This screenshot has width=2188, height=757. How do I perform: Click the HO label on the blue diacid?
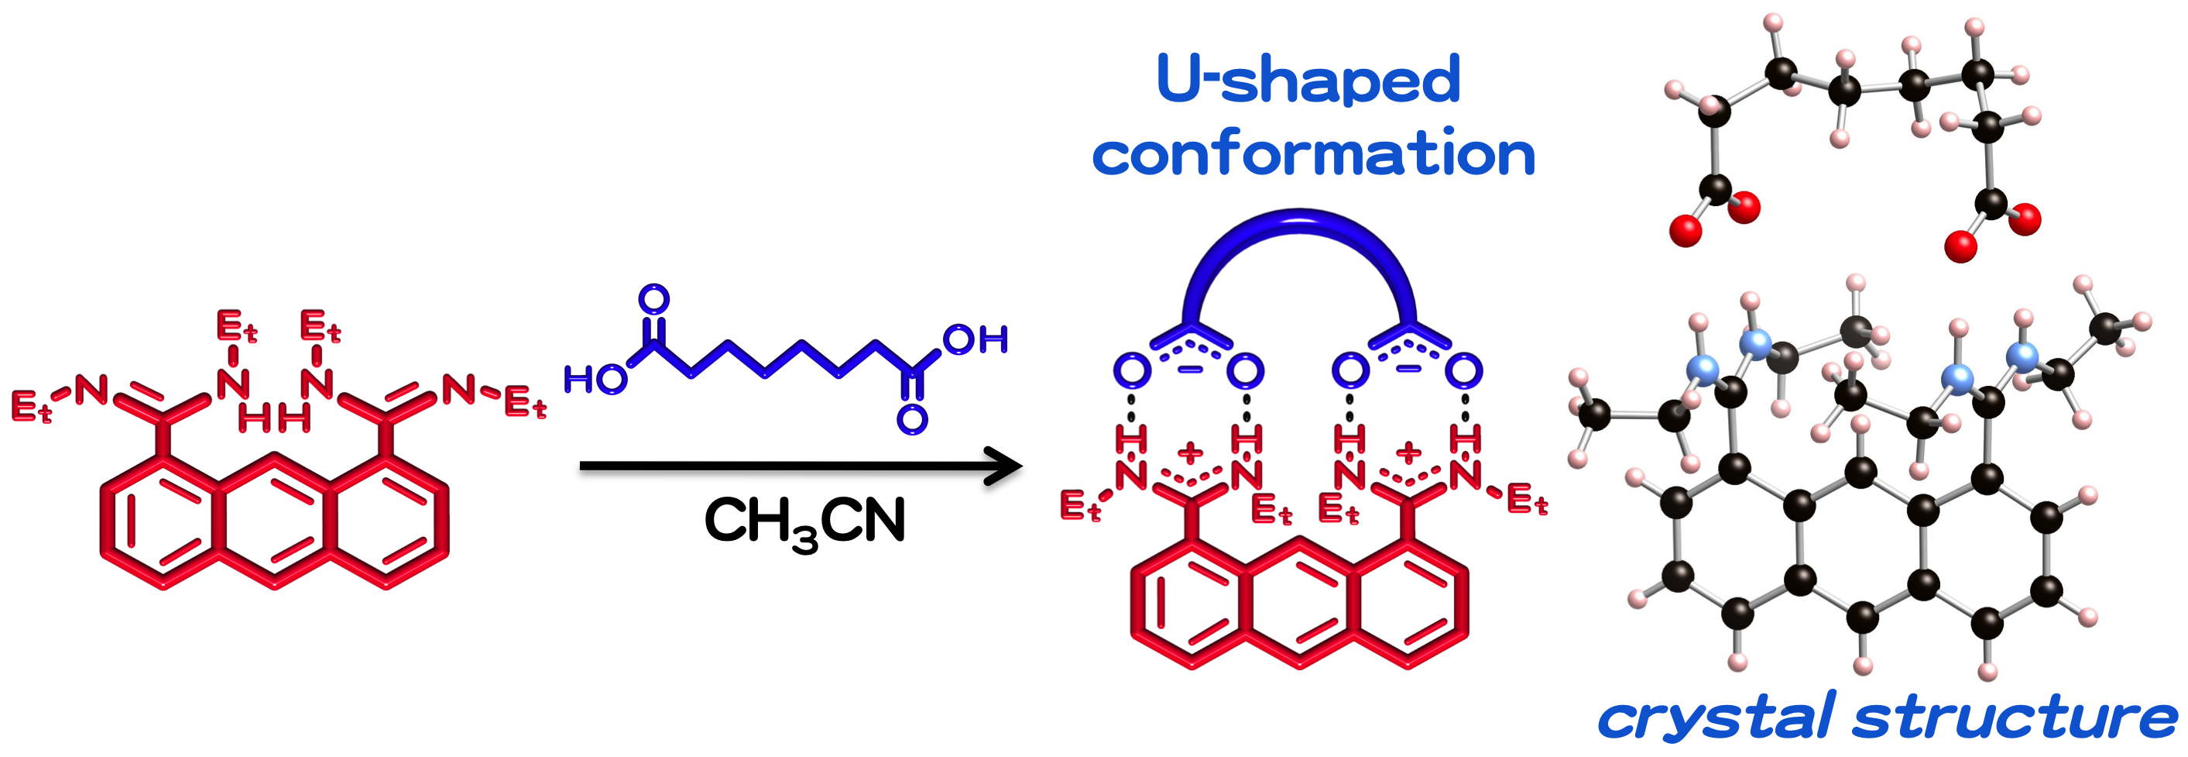(x=595, y=379)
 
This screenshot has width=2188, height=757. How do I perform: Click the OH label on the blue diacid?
(x=975, y=340)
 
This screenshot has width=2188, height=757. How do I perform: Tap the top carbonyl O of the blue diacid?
(x=653, y=299)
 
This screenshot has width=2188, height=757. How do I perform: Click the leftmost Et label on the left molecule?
(x=33, y=406)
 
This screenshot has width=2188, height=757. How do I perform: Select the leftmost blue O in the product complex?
(x=1131, y=370)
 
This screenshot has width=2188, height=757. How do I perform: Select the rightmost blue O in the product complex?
(x=1463, y=370)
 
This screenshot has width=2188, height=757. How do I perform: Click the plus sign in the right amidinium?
(x=1408, y=451)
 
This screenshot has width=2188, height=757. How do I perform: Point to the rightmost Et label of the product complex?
(x=1526, y=501)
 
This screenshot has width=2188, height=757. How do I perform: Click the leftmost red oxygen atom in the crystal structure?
(x=1686, y=230)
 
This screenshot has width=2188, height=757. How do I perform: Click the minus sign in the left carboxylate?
(x=1190, y=369)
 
